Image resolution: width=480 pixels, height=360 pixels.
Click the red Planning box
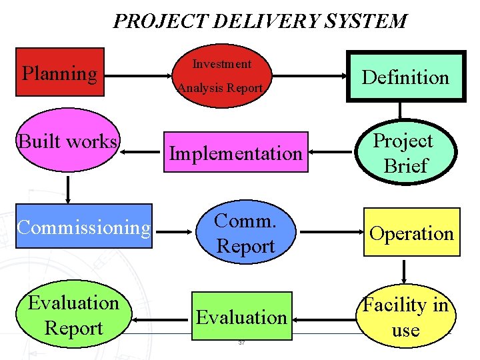pyautogui.click(x=60, y=72)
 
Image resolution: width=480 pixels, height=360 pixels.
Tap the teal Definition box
pyautogui.click(x=405, y=77)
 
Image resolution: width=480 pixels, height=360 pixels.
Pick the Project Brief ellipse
pyautogui.click(x=404, y=153)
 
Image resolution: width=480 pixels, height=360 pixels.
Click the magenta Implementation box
pyautogui.click(x=235, y=153)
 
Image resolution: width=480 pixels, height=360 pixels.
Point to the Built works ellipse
pyautogui.click(x=68, y=142)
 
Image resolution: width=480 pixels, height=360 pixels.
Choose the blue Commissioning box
pyautogui.click(x=84, y=227)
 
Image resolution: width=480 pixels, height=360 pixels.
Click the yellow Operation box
pyautogui.click(x=411, y=233)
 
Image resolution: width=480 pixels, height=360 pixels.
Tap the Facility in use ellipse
pyautogui.click(x=405, y=317)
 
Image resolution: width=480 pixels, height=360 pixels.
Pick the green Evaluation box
pyautogui.click(x=241, y=316)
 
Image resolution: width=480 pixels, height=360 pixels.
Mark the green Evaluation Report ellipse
pyautogui.click(x=73, y=315)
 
